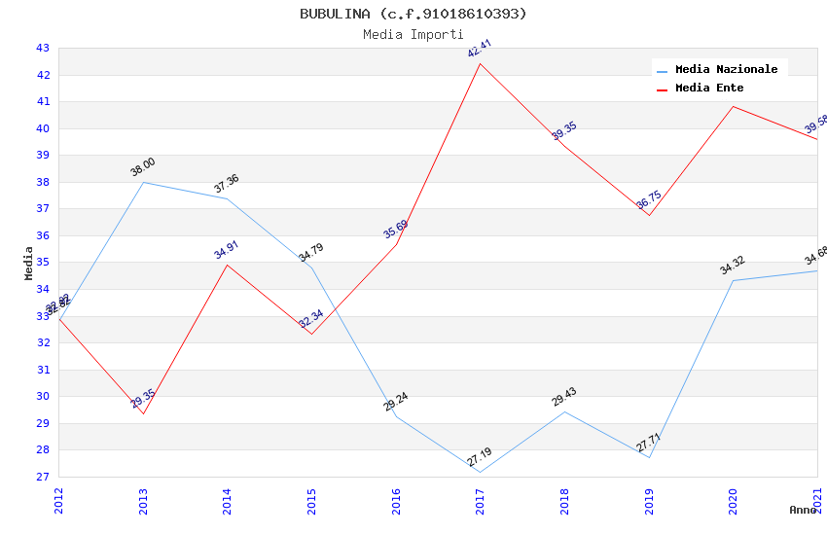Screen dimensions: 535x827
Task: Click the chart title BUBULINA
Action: [413, 14]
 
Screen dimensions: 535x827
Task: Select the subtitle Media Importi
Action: [413, 34]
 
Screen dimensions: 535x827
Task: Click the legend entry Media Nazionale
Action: [726, 70]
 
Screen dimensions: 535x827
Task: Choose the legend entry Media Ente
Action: [709, 89]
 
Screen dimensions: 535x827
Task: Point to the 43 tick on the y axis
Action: [43, 48]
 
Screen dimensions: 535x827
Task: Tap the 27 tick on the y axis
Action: [43, 477]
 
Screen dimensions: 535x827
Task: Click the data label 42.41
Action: [480, 49]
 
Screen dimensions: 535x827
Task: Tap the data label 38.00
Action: [143, 167]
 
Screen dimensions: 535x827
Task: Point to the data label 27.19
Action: [480, 458]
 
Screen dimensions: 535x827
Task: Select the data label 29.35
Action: [143, 399]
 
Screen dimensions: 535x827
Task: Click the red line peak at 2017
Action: [481, 64]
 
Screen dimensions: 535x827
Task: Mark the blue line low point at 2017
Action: [481, 473]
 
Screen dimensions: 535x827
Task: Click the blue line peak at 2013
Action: [143, 182]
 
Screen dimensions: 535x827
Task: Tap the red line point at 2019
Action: [649, 215]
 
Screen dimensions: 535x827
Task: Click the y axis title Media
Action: [29, 263]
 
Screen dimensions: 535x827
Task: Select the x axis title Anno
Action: [803, 510]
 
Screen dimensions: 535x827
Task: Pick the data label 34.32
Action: [733, 266]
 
